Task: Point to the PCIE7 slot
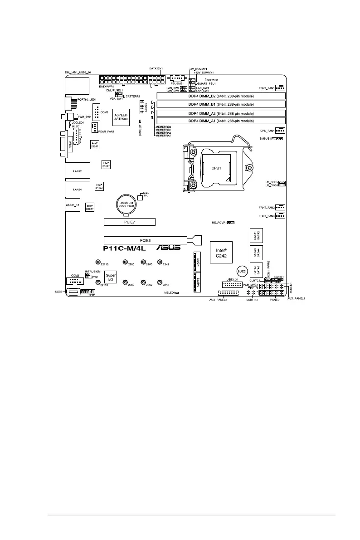click(x=130, y=222)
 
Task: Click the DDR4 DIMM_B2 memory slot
click(x=221, y=96)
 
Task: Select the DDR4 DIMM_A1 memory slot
click(x=221, y=121)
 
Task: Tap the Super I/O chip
click(x=111, y=278)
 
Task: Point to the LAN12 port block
click(x=77, y=172)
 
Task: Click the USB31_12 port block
click(x=73, y=205)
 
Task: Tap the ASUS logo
click(x=168, y=248)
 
